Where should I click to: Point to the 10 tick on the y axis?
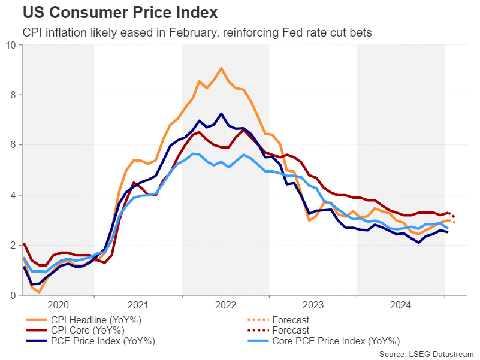11,44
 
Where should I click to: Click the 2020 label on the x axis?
59,304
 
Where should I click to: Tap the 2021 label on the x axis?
138,304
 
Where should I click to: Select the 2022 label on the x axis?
225,304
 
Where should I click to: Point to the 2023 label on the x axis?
313,304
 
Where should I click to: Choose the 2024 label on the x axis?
400,304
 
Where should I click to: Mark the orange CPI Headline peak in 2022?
221,68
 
